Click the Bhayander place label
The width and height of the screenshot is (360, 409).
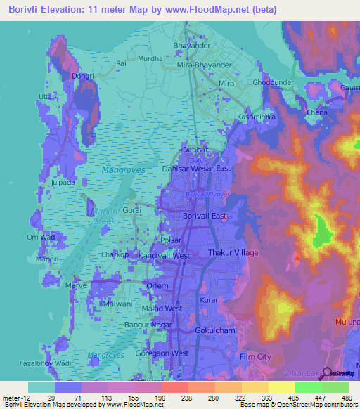(191, 46)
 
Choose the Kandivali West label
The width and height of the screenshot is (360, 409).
(164, 256)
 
